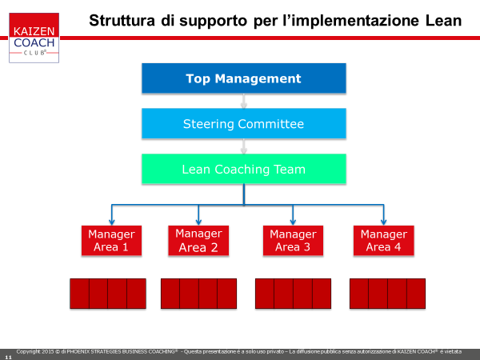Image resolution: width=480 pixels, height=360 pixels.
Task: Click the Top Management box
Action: tap(244, 78)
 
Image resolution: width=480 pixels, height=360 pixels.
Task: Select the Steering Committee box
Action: tap(244, 123)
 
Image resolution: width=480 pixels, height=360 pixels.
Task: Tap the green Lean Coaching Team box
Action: tap(244, 169)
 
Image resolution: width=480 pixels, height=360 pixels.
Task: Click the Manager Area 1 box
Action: tap(111, 240)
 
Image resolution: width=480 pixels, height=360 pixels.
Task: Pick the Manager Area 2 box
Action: tap(198, 240)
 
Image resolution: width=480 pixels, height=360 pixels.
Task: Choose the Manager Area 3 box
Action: tap(293, 240)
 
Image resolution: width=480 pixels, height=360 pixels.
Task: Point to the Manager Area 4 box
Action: tap(383, 240)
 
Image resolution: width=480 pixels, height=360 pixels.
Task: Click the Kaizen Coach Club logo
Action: tap(34, 38)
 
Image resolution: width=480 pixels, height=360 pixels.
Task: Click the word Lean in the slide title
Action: tap(443, 21)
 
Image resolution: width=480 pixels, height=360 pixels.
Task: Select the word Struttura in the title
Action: tap(122, 21)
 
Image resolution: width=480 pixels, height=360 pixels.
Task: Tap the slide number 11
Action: tap(8, 358)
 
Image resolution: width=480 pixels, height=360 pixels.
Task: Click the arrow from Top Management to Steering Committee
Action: tap(244, 101)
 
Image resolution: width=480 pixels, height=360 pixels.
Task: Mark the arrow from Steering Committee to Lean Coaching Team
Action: tap(244, 146)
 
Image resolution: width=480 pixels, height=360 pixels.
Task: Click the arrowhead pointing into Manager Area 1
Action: tap(112, 222)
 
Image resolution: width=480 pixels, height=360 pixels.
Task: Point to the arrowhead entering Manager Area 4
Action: tap(383, 222)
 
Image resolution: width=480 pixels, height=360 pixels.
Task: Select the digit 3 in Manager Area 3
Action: tap(306, 247)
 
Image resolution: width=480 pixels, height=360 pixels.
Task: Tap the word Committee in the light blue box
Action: tap(271, 124)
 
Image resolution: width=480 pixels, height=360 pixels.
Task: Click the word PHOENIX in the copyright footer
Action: tap(78, 351)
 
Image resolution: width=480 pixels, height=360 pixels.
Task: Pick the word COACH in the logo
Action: tap(34, 42)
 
